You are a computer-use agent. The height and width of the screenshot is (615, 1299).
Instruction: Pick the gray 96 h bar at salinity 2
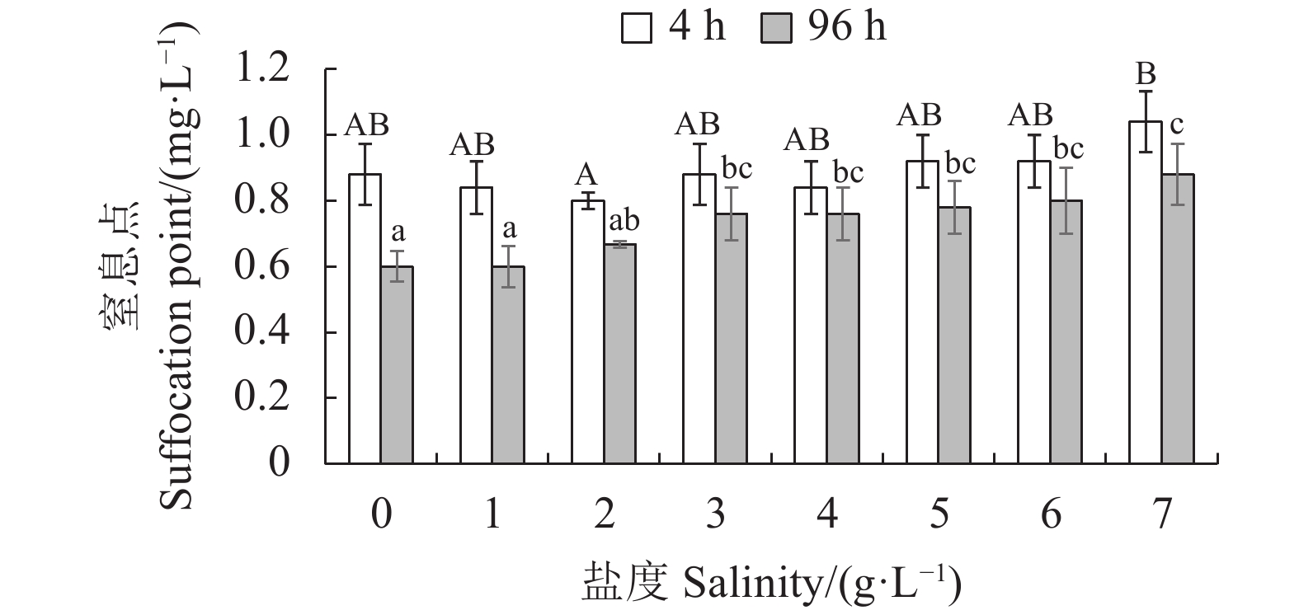pyautogui.click(x=620, y=354)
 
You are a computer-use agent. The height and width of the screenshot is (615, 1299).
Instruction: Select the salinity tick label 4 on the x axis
pyautogui.click(x=827, y=514)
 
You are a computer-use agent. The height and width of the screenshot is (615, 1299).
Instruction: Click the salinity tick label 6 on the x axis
pyautogui.click(x=1051, y=514)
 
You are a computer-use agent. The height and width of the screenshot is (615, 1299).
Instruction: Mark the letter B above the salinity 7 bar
pyautogui.click(x=1145, y=76)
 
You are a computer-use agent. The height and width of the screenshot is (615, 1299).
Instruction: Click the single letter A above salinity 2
pyautogui.click(x=586, y=175)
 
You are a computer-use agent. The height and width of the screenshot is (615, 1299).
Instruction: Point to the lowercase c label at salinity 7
pyautogui.click(x=1177, y=125)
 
